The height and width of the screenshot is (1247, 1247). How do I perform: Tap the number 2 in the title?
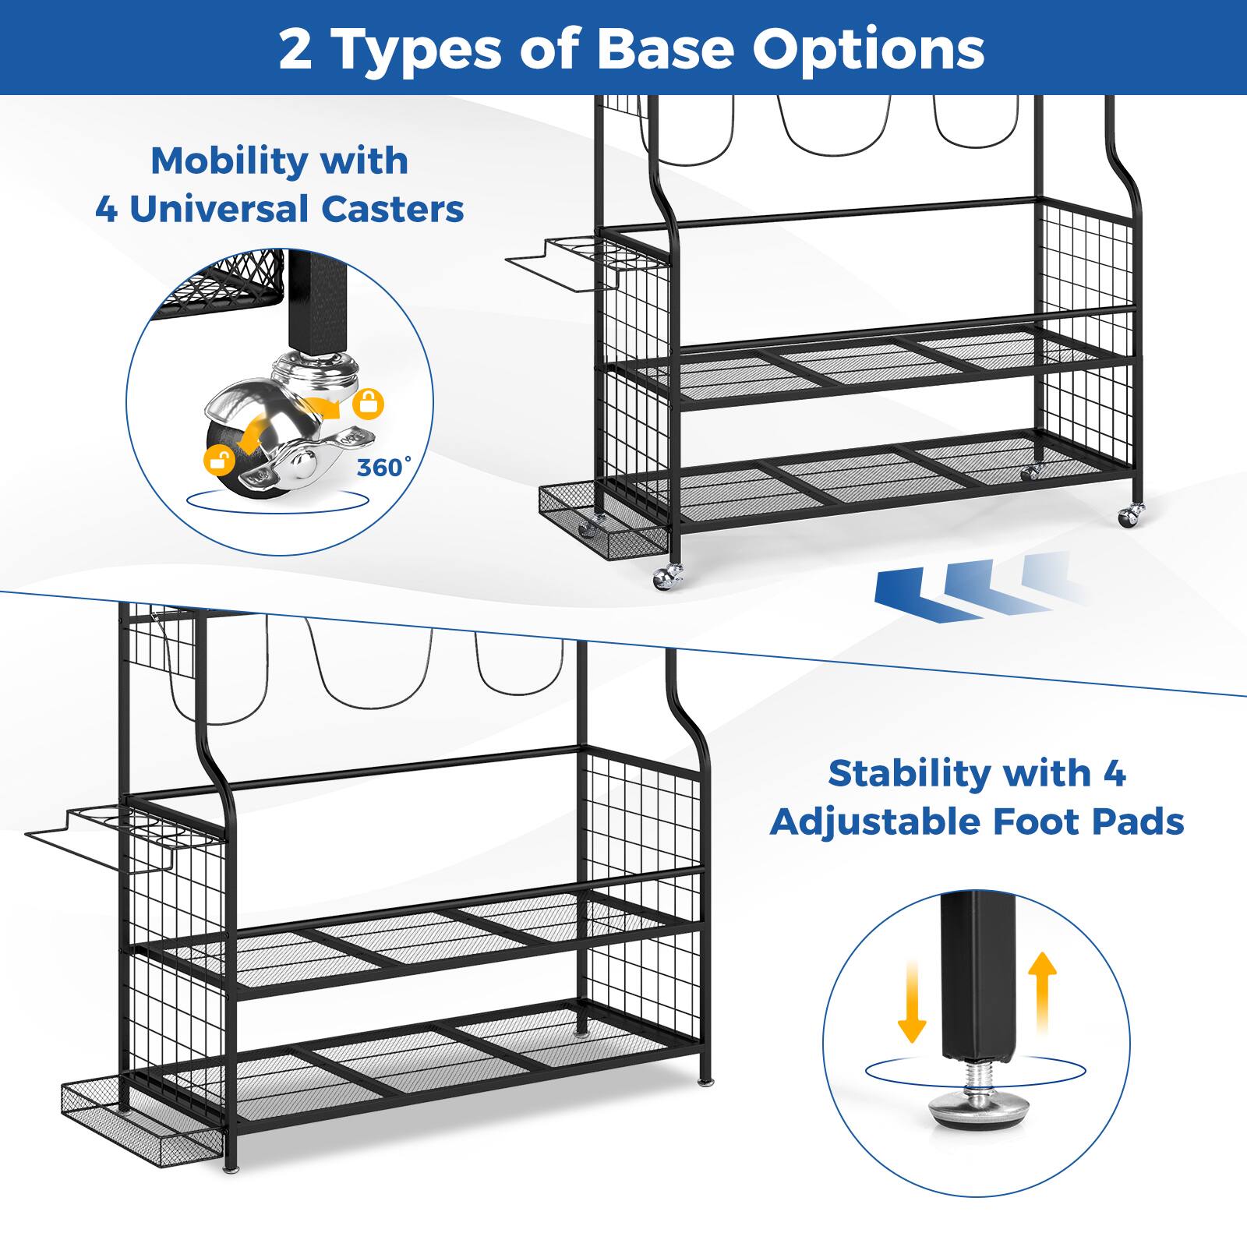pyautogui.click(x=295, y=50)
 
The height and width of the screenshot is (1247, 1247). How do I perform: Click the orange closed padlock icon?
pyautogui.click(x=368, y=404)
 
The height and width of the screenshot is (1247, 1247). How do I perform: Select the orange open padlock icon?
pyautogui.click(x=220, y=460)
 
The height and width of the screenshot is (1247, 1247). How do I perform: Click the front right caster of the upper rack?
pyautogui.click(x=1131, y=515)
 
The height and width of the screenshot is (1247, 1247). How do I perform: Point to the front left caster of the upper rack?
pyautogui.click(x=667, y=577)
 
